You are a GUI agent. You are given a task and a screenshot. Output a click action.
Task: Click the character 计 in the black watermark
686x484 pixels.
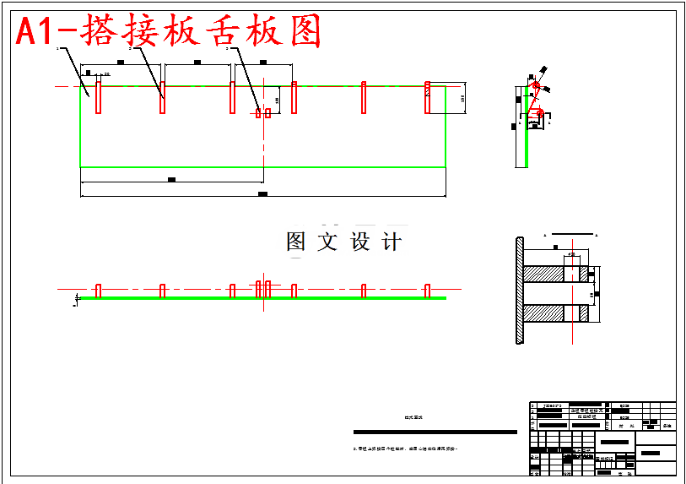[390, 242]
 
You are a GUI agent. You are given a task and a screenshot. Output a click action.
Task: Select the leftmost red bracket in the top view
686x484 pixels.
[99, 96]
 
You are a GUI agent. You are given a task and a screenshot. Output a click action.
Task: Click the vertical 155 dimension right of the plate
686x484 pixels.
[462, 98]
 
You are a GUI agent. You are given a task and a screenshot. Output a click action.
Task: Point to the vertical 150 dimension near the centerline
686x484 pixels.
[278, 101]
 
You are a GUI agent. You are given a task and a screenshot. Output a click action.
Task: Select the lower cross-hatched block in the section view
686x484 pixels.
[544, 313]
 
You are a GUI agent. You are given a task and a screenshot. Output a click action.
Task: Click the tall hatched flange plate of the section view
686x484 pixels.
[519, 291]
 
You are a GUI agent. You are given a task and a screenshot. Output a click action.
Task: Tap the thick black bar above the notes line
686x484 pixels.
[435, 432]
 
